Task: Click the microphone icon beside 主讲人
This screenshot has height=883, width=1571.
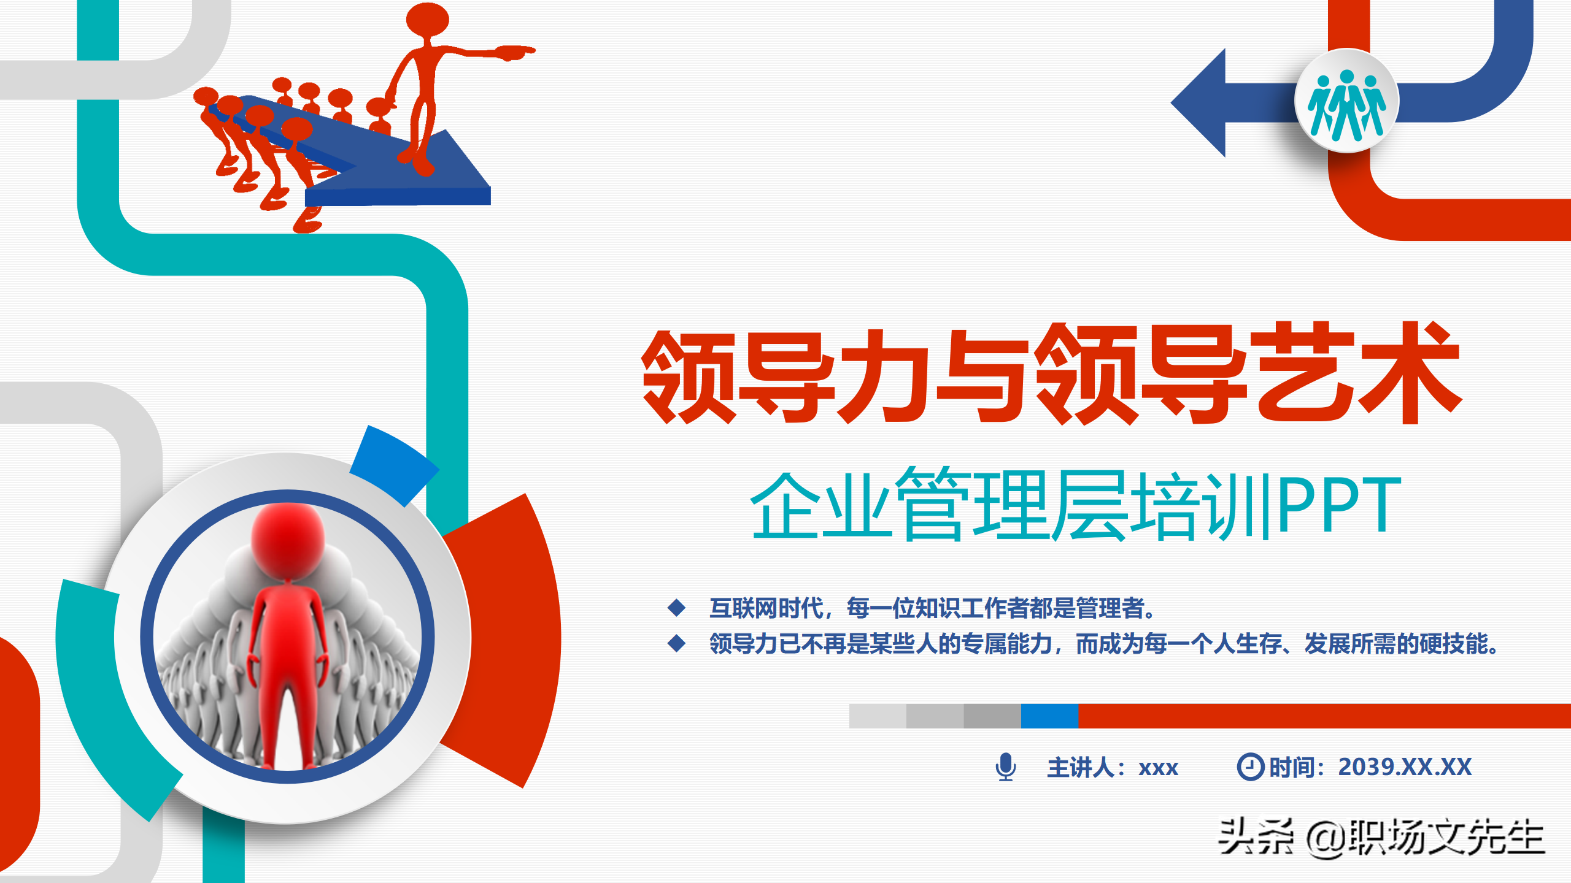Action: click(x=1005, y=766)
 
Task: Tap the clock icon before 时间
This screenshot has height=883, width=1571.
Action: click(x=1250, y=766)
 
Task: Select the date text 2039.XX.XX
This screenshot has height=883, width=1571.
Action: click(x=1405, y=766)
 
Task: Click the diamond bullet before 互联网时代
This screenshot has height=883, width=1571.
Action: click(x=676, y=608)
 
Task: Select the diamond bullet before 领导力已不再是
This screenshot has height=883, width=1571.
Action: click(x=676, y=643)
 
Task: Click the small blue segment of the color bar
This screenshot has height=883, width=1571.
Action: click(x=1049, y=716)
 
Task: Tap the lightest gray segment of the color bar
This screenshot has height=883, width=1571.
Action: click(x=878, y=716)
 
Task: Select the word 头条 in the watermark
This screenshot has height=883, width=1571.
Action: click(x=1256, y=837)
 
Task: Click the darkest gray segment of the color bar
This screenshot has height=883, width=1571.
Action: click(x=992, y=716)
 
